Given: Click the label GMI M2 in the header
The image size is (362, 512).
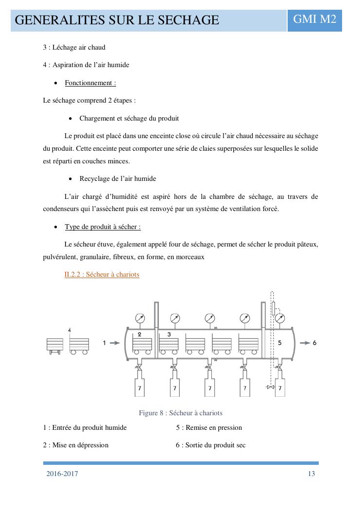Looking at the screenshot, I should (314, 19).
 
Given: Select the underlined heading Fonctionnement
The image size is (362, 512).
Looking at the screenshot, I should (90, 83).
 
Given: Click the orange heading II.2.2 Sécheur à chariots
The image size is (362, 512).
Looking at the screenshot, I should (102, 274).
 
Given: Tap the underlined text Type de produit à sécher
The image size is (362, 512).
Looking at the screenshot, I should (103, 227).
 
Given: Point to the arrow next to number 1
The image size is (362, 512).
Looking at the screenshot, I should (115, 343).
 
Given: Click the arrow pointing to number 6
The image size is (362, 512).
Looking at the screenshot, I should (305, 343).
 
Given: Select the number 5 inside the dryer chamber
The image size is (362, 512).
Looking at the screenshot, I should (279, 342).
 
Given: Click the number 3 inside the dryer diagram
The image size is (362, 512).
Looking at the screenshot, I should (169, 335).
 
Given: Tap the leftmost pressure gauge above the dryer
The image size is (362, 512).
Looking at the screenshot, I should (140, 318).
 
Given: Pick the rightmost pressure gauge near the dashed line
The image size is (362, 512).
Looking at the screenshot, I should (280, 318).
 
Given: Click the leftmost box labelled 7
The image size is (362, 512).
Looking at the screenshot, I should (140, 388).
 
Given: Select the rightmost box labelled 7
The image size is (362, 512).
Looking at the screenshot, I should (279, 388).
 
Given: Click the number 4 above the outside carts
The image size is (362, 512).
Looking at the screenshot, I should (70, 330).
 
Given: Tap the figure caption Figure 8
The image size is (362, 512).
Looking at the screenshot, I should (180, 413).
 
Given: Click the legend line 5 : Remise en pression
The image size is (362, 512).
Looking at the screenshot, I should (209, 427).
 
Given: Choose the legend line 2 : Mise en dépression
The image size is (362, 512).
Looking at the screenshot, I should (76, 445).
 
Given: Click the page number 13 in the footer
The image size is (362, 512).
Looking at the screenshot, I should (311, 474).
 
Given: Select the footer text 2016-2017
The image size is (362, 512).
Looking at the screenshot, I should (62, 474).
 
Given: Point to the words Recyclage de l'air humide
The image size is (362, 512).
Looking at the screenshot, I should (118, 178).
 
